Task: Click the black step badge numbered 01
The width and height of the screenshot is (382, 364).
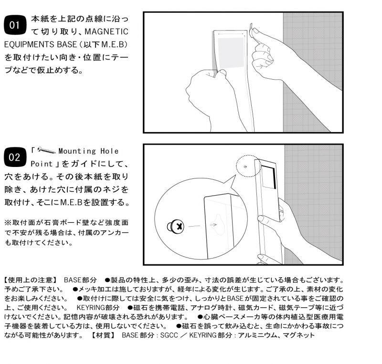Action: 15,25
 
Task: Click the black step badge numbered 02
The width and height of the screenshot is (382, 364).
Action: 15,157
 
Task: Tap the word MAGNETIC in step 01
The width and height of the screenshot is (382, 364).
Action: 106,31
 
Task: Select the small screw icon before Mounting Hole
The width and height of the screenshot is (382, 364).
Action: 46,150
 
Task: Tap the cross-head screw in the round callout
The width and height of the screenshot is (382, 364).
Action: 175,226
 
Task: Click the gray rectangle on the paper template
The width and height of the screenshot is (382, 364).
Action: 231,53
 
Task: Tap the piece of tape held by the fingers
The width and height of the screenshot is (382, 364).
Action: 251,31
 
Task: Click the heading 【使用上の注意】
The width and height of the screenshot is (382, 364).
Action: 31,280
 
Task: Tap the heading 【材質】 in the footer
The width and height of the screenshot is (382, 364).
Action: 103,335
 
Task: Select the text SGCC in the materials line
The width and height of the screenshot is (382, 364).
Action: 169,335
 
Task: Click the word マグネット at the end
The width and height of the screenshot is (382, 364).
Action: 299,335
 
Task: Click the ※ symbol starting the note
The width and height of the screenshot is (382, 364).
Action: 8,222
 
